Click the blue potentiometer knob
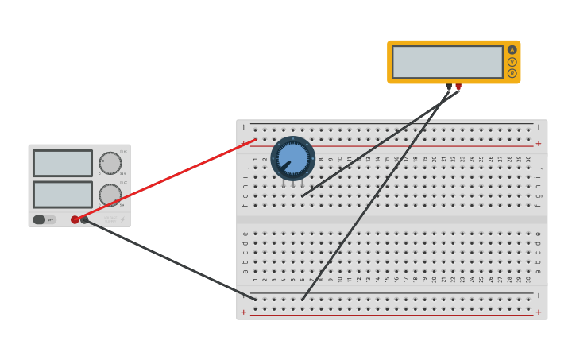tap(292, 158)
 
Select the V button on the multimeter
tap(512, 62)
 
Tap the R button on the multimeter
tap(512, 73)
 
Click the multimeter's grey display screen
tap(447, 62)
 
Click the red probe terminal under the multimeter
tap(458, 87)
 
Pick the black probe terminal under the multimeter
tap(449, 87)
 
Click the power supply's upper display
tap(63, 164)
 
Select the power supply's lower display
tap(63, 195)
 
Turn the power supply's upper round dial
tap(110, 164)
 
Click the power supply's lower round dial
tap(110, 195)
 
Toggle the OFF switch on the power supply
tap(44, 219)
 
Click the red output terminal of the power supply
tap(75, 220)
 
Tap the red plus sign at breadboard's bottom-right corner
tap(538, 312)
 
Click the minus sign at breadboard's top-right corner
tap(538, 127)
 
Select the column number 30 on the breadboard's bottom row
tap(528, 279)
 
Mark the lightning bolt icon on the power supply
tap(122, 220)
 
